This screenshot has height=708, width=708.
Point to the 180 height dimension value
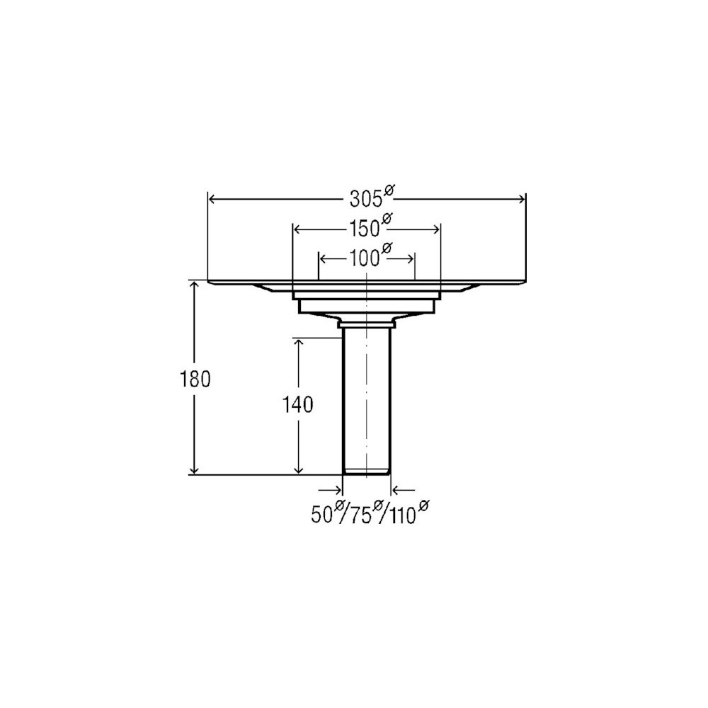[195, 379]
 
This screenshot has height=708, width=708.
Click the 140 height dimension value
[297, 405]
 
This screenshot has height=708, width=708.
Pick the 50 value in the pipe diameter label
[322, 515]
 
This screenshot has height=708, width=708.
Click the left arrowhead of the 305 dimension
[212, 199]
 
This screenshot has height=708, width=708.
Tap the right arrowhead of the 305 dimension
[522, 199]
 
